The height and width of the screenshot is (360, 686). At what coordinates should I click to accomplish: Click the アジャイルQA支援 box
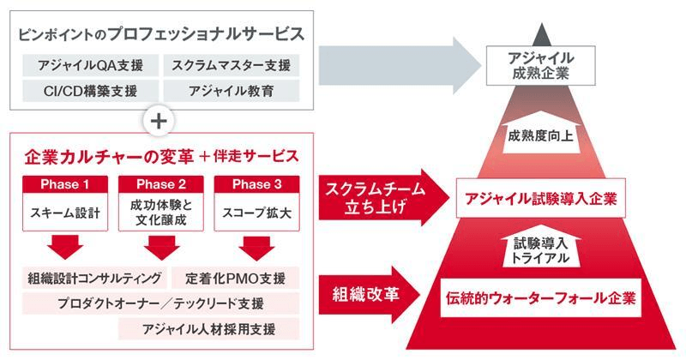pyautogui.click(x=84, y=65)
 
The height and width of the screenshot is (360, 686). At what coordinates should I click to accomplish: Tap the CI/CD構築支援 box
pyautogui.click(x=84, y=89)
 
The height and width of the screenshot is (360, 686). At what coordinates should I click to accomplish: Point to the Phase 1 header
pyautogui.click(x=66, y=183)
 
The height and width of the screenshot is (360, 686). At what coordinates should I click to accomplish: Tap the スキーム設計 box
pyautogui.click(x=66, y=212)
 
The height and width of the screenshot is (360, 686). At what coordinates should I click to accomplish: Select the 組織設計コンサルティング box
pyautogui.click(x=93, y=278)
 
